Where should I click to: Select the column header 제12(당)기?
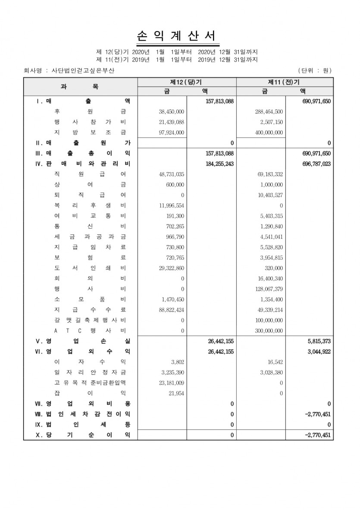click(186, 82)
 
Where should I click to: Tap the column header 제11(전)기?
click(284, 82)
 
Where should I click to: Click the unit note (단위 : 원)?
click(314, 70)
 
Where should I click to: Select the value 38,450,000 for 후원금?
click(172, 111)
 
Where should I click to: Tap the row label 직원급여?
click(90, 174)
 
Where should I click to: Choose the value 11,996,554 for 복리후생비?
click(172, 205)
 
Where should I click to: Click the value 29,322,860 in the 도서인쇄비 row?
click(172, 268)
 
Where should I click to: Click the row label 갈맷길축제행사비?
click(90, 320)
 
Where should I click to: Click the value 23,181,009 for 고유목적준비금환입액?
click(172, 383)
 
